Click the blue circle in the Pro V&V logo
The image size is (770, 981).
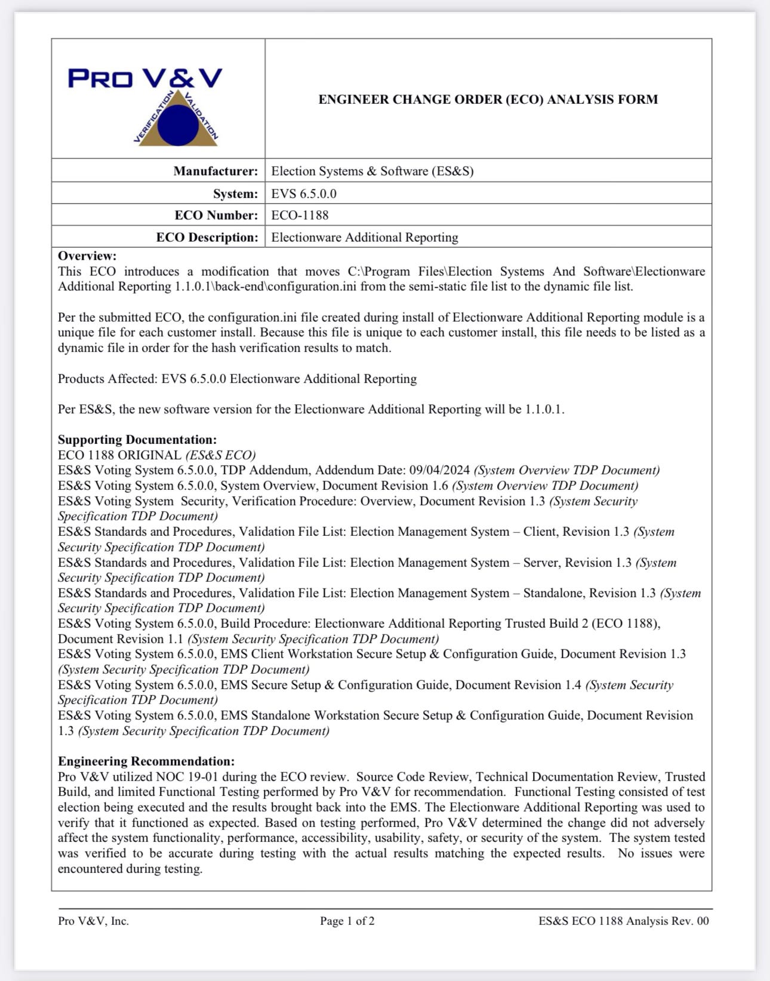tap(178, 125)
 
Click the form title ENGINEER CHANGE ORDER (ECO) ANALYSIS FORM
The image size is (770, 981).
tap(488, 99)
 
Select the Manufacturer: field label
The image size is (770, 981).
tap(215, 171)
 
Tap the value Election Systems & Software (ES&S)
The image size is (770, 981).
tap(372, 171)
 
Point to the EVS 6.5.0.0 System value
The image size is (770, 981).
tap(304, 194)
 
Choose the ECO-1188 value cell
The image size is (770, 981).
tap(300, 215)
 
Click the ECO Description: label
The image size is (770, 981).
tap(207, 237)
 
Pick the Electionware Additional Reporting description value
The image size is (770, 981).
tap(364, 237)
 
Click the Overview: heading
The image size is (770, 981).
tap(87, 256)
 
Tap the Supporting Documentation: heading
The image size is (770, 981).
tap(137, 440)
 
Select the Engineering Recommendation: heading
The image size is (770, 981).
tap(146, 761)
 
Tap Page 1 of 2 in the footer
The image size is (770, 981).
tap(347, 921)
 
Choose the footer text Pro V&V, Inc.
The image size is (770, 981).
tap(93, 921)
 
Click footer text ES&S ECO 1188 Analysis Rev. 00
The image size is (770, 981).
tap(623, 921)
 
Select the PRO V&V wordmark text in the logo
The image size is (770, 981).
tap(145, 78)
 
